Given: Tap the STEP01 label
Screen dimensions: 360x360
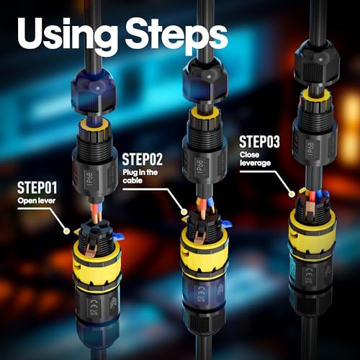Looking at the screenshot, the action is click(37, 188).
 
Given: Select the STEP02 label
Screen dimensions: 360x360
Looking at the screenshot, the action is click(143, 159).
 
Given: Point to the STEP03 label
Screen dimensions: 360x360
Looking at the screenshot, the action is click(259, 142).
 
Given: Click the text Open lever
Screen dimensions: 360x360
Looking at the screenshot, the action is click(37, 201).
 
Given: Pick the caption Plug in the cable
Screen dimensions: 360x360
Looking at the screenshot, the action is click(140, 176).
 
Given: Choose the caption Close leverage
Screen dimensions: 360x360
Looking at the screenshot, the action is click(255, 159).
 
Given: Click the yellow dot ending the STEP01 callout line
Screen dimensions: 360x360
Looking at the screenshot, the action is click(66, 231).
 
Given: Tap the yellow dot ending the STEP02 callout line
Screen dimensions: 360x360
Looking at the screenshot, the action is click(184, 212).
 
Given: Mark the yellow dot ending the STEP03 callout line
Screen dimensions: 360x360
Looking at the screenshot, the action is click(292, 194).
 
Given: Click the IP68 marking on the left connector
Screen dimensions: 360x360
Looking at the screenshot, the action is click(90, 179).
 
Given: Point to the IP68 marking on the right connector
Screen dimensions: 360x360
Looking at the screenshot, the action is click(310, 148).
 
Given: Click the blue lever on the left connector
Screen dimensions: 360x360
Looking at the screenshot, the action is click(118, 237).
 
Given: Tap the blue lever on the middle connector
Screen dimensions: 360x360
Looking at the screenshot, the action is click(226, 224).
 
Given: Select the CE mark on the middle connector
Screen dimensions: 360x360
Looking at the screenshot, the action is click(201, 290).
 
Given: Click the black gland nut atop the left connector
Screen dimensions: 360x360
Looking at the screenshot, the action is click(94, 91).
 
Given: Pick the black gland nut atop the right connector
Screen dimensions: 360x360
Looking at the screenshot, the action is click(317, 63).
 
